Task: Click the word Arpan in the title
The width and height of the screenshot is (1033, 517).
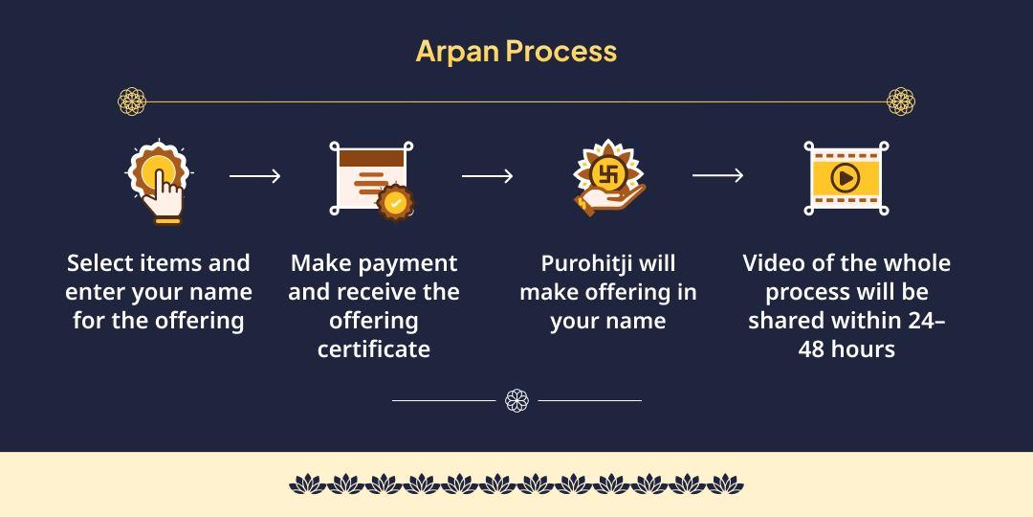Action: click(458, 52)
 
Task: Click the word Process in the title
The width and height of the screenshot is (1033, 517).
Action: click(561, 52)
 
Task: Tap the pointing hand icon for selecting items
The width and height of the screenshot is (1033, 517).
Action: click(158, 183)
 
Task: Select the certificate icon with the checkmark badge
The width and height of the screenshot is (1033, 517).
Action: click(371, 180)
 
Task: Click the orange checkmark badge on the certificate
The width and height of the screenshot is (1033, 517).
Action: click(395, 202)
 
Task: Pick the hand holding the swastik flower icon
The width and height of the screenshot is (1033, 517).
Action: click(608, 179)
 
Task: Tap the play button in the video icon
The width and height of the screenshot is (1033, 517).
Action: click(846, 177)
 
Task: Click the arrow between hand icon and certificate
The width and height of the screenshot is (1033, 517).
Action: click(255, 176)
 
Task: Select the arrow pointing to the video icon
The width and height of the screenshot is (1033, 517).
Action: click(717, 175)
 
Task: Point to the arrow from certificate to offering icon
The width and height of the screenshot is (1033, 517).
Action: click(487, 176)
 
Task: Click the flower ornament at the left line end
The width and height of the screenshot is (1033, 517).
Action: click(132, 101)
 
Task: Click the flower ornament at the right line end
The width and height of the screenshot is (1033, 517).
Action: click(901, 101)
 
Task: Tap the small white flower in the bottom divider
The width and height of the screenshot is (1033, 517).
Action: click(516, 400)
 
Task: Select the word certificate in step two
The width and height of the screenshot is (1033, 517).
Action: click(374, 348)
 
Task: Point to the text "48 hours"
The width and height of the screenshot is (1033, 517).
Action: click(846, 348)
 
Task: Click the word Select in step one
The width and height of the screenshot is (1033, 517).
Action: click(100, 263)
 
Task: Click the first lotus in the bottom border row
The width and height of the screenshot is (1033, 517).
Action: click(307, 483)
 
